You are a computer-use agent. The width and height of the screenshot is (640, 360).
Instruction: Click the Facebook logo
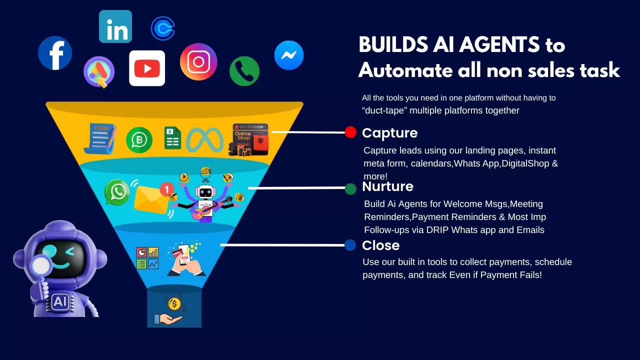pyautogui.click(x=55, y=53)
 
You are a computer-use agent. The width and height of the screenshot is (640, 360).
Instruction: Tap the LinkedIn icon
pyautogui.click(x=115, y=26)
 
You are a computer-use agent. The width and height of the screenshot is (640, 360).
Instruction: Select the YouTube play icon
pyautogui.click(x=147, y=68)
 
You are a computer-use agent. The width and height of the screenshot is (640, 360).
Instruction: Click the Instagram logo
pyautogui.click(x=198, y=61)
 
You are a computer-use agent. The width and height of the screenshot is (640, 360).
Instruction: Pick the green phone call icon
pyautogui.click(x=244, y=71)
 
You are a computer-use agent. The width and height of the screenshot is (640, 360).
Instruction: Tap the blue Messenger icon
pyautogui.click(x=289, y=55)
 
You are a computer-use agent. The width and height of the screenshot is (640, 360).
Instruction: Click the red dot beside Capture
pyautogui.click(x=350, y=132)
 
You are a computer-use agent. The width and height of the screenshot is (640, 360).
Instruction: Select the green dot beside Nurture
pyautogui.click(x=350, y=188)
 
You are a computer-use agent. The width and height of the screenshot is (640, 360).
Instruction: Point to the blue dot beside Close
pyautogui.click(x=350, y=245)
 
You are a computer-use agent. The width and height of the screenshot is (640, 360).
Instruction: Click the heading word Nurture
pyautogui.click(x=387, y=186)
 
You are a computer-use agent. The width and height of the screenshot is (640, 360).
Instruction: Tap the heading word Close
pyautogui.click(x=380, y=245)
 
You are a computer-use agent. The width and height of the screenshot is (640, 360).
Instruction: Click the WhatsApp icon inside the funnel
pyautogui.click(x=117, y=192)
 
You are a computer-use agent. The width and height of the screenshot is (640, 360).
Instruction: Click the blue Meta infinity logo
pyautogui.click(x=204, y=139)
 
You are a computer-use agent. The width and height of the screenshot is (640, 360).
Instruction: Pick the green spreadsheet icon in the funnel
pyautogui.click(x=172, y=138)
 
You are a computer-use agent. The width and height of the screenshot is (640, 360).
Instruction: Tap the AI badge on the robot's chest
pyautogui.click(x=59, y=301)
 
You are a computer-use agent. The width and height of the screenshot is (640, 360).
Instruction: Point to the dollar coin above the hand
pyautogui.click(x=174, y=303)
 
